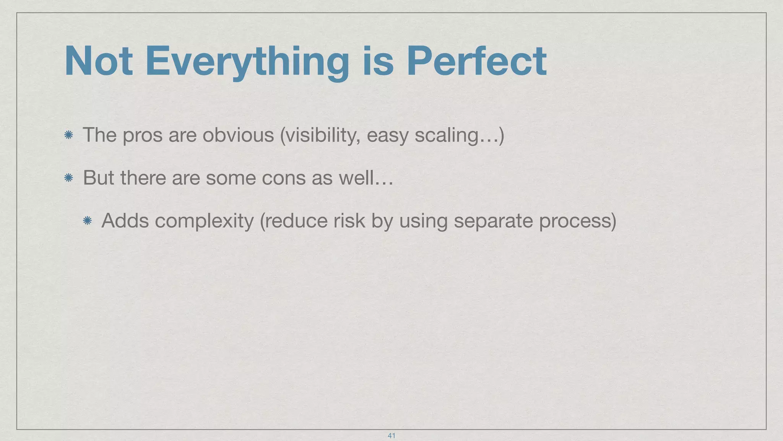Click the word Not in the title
(99, 61)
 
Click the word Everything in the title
(247, 61)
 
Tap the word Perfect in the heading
(476, 61)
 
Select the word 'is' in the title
(378, 61)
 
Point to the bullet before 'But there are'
(69, 178)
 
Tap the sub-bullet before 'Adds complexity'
(87, 220)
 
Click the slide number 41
(391, 435)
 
